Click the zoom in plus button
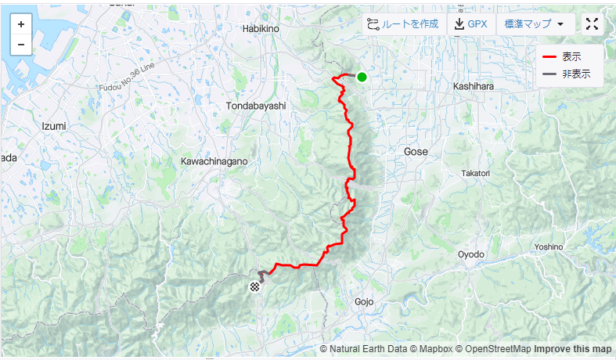click(20, 24)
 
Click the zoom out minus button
click(20, 45)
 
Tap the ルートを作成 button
click(403, 24)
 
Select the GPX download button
click(470, 24)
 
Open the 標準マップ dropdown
click(535, 24)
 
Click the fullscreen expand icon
click(593, 24)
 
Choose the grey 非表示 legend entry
click(566, 74)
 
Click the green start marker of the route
click(362, 77)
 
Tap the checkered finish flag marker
click(255, 287)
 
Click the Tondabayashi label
click(256, 105)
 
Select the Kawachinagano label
click(214, 160)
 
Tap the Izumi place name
click(53, 125)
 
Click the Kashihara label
click(473, 87)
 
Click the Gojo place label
click(365, 301)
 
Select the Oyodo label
click(471, 254)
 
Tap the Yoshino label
click(549, 247)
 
